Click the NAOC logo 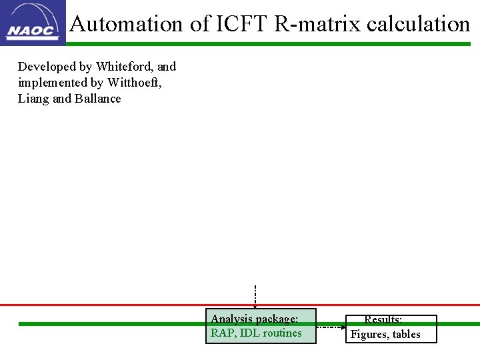33,22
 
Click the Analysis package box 261,326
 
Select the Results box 393,329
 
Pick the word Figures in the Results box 369,335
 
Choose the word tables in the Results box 406,335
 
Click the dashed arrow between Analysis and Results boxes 331,327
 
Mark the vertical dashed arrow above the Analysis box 255,296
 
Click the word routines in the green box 282,333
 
